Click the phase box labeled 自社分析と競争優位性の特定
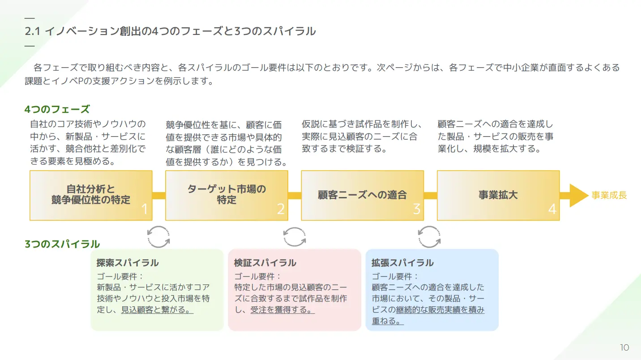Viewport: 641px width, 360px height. [x=91, y=195]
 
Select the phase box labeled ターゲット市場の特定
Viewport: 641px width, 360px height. [x=226, y=195]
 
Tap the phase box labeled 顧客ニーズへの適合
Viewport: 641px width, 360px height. [x=362, y=195]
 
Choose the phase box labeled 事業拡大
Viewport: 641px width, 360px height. [x=498, y=195]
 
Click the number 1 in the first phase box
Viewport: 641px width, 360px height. [x=144, y=209]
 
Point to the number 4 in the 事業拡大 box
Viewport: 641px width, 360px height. [x=552, y=209]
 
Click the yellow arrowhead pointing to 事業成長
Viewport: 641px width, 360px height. [x=578, y=196]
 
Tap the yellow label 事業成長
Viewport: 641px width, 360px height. [x=609, y=196]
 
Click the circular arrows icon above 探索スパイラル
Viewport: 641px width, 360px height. [x=159, y=236]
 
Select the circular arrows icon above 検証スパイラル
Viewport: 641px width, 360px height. [x=295, y=236]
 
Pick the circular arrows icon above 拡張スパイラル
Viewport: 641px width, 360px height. [x=429, y=236]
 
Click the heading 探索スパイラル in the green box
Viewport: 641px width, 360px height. [x=128, y=263]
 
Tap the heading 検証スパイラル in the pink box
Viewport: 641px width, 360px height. [x=265, y=263]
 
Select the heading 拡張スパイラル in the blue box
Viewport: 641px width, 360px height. [x=402, y=263]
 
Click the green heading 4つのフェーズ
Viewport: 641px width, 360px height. [x=57, y=109]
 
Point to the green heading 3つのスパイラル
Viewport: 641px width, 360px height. [x=62, y=244]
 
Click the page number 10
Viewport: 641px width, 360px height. [x=624, y=348]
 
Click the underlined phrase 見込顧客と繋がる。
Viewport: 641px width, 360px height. [x=157, y=309]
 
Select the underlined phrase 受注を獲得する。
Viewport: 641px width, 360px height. [x=282, y=309]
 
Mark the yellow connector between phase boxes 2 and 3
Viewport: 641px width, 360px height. [x=295, y=196]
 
